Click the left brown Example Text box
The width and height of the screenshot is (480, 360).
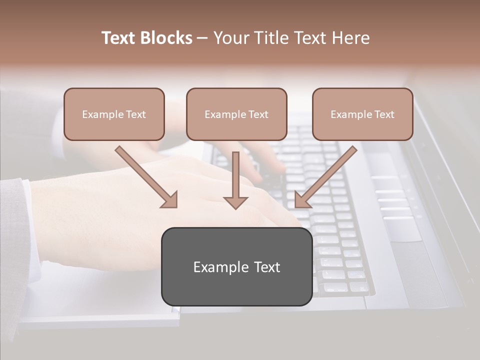114,114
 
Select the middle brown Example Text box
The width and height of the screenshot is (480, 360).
236,114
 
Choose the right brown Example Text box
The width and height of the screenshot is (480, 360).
362,114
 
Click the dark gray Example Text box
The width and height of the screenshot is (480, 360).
236,266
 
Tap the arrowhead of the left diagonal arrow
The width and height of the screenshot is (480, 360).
170,200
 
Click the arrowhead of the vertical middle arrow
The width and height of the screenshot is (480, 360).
235,202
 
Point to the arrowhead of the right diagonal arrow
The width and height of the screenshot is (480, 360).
301,200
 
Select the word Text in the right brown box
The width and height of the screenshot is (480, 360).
384,114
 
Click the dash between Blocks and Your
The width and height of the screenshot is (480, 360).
202,38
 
